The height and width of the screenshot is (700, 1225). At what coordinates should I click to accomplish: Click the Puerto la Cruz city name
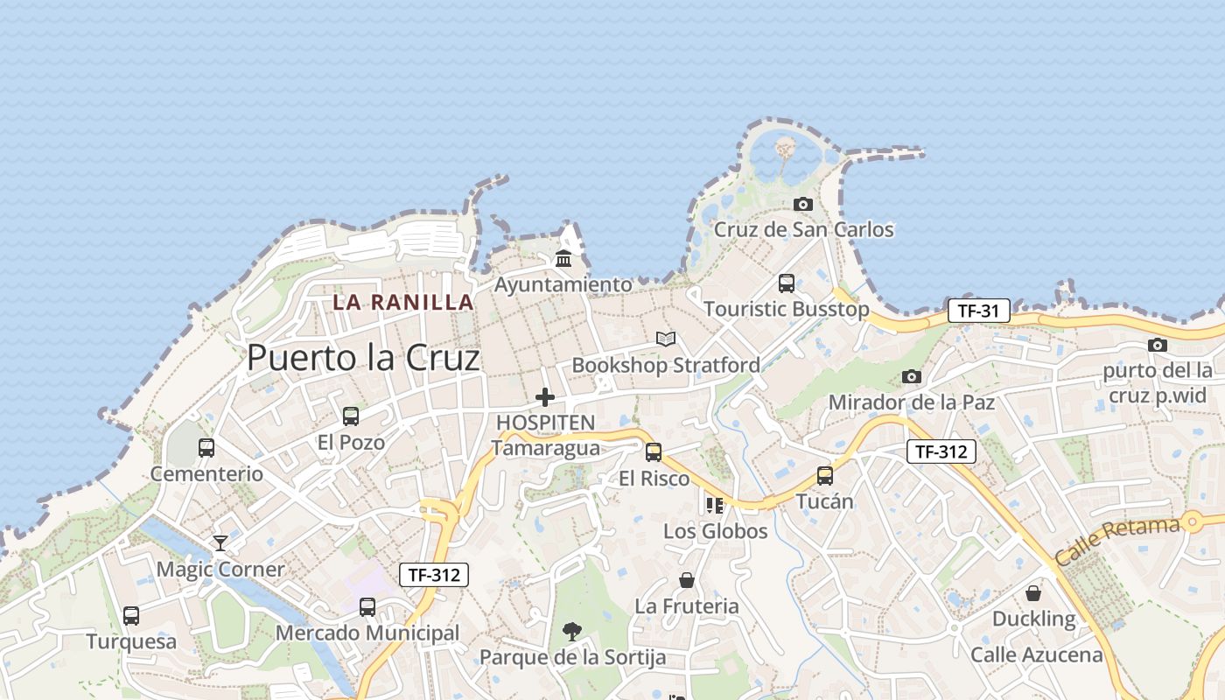363,358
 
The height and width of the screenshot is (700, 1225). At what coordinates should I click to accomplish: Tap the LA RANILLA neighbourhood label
402,303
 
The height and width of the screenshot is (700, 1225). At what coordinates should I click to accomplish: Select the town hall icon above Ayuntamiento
563,259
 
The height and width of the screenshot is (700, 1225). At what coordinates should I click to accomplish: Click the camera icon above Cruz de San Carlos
802,205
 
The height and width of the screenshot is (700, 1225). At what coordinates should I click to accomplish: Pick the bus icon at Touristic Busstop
787,283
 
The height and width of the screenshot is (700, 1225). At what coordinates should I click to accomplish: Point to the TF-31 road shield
978,311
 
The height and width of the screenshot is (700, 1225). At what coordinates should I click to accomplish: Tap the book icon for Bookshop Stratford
666,339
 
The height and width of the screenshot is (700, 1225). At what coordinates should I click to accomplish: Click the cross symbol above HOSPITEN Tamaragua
545,397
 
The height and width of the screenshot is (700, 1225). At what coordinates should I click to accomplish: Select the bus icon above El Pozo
351,416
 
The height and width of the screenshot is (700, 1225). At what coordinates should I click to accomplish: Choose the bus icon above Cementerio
206,448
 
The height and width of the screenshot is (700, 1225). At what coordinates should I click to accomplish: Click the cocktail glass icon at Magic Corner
220,543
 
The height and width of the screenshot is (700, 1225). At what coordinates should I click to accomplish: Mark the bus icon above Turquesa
131,615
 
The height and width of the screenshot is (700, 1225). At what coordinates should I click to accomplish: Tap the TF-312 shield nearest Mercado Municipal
434,575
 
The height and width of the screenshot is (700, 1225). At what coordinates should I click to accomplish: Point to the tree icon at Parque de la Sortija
572,631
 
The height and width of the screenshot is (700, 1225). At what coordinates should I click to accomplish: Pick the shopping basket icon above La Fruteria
687,580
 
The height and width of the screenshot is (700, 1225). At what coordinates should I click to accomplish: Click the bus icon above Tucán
825,476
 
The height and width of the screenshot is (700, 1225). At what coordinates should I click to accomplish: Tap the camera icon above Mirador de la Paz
912,376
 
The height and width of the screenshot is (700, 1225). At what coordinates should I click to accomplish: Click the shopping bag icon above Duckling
1033,593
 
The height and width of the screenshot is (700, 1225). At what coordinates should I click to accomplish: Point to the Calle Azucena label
1037,654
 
